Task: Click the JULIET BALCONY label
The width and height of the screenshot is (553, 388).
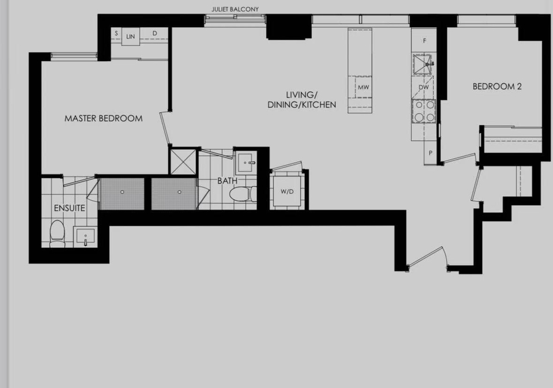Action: click(x=235, y=9)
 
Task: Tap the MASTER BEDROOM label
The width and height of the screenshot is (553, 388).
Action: click(x=103, y=118)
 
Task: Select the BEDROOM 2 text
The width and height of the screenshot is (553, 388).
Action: click(x=497, y=86)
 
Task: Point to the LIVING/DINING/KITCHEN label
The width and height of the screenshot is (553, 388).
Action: click(x=302, y=100)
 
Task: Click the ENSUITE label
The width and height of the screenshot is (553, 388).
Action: click(x=70, y=208)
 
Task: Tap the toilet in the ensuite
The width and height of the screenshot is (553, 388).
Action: click(x=57, y=233)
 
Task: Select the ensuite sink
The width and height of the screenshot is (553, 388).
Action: click(x=85, y=236)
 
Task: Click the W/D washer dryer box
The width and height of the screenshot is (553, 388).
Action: click(x=287, y=191)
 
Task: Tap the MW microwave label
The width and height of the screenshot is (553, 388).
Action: click(x=363, y=87)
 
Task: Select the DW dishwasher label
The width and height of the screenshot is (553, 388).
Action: click(x=423, y=87)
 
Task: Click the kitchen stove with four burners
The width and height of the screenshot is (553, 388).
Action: click(x=424, y=111)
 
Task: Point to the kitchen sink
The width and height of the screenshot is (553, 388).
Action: click(x=423, y=64)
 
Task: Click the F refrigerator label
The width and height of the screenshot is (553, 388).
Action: click(x=425, y=41)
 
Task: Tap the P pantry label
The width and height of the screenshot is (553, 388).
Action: click(x=430, y=153)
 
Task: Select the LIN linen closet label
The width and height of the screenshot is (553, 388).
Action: click(x=131, y=36)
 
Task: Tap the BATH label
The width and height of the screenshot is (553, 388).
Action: click(x=227, y=181)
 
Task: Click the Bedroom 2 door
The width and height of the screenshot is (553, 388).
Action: click(x=459, y=158)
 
